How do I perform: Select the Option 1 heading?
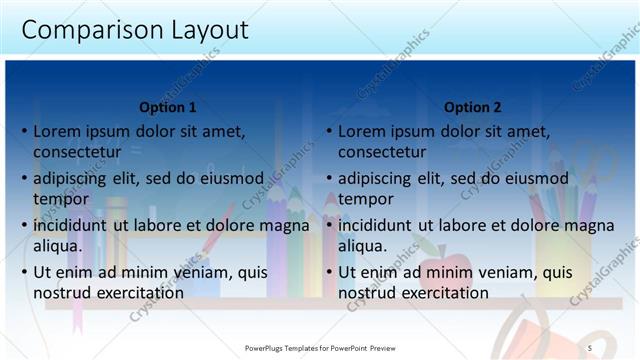(167, 107)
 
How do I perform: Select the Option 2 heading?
(473, 107)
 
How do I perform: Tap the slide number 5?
(590, 347)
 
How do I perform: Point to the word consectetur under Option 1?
(78, 152)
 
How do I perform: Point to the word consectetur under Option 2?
(382, 152)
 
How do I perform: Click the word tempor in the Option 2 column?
(364, 199)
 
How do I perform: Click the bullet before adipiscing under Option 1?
(23, 178)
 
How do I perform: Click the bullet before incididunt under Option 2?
(328, 225)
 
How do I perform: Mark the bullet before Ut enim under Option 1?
(23, 272)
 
